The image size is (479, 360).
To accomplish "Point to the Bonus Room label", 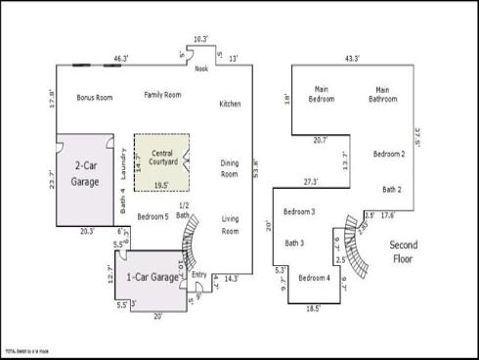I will tap(95, 97).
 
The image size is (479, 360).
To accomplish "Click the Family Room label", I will tap(163, 94).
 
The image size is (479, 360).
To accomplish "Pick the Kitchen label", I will tap(230, 104).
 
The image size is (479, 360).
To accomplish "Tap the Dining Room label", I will tap(230, 168).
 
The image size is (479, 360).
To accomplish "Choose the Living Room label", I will tap(230, 225).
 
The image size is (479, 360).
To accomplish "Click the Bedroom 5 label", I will tap(152, 216).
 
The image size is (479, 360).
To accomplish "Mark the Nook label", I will tap(201, 69).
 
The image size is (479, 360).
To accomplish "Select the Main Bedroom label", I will tap(322, 94).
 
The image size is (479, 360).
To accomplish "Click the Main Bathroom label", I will tap(383, 94).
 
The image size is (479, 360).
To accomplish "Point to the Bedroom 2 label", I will tap(389, 155).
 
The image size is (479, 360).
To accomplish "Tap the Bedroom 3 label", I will tap(299, 212).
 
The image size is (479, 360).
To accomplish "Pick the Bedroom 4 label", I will tap(314, 279).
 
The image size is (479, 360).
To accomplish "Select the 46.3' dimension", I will tap(121, 60).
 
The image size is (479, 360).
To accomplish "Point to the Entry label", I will tap(200, 275).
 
